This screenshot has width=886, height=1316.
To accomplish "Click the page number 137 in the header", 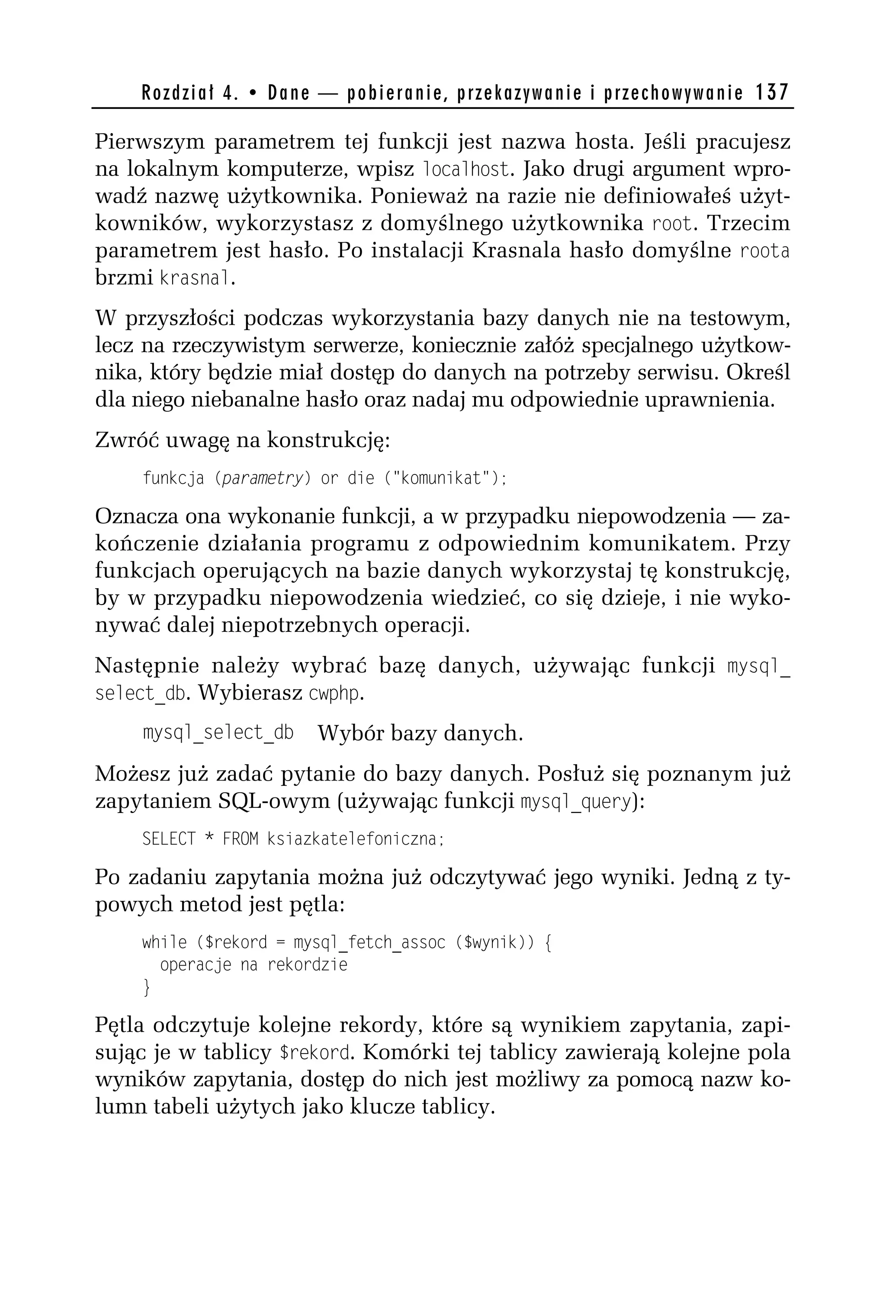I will coord(771,92).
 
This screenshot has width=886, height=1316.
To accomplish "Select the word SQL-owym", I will coord(273,801).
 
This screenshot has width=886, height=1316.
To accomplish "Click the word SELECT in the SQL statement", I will coord(168,839).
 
